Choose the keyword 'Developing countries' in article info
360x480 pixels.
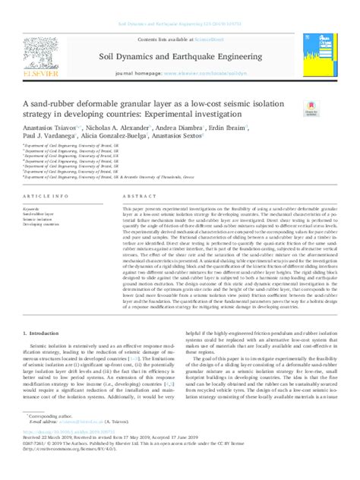[42, 226]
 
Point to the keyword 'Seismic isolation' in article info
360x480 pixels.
[38, 219]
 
